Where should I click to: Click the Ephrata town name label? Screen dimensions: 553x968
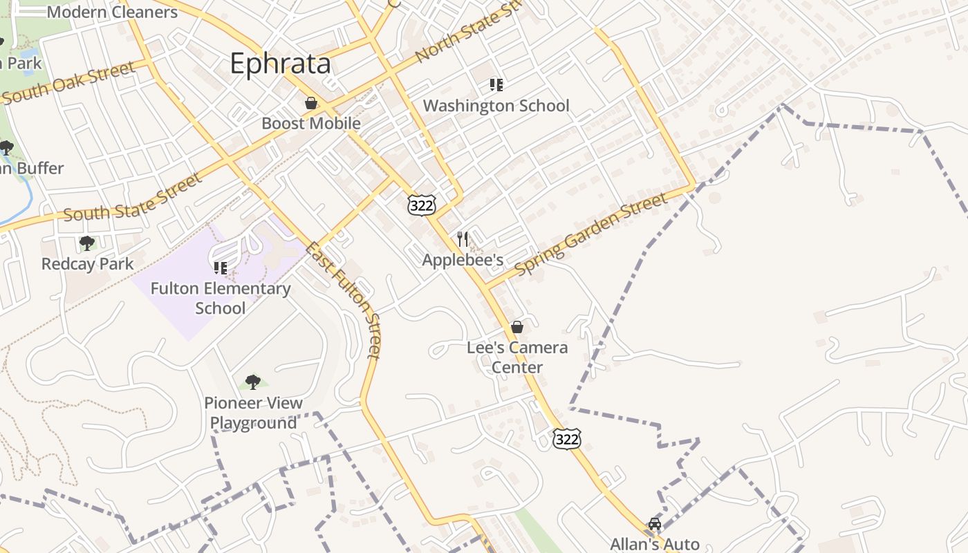pyautogui.click(x=280, y=64)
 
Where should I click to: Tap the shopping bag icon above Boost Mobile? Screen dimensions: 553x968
pyautogui.click(x=311, y=104)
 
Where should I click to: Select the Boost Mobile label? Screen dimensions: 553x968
pyautogui.click(x=311, y=124)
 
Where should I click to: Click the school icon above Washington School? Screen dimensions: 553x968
pyautogui.click(x=496, y=85)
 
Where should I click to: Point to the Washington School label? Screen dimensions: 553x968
pyautogui.click(x=496, y=106)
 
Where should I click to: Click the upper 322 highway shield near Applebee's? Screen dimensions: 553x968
pyautogui.click(x=422, y=205)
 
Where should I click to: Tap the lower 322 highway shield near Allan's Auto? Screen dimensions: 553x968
pyautogui.click(x=566, y=438)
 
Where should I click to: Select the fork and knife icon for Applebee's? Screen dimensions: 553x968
pyautogui.click(x=463, y=239)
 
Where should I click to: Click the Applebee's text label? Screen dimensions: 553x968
pyautogui.click(x=463, y=260)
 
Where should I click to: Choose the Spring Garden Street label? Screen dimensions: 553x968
pyautogui.click(x=592, y=234)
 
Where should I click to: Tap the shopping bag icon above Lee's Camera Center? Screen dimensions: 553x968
pyautogui.click(x=517, y=327)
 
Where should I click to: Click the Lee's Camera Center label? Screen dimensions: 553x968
pyautogui.click(x=517, y=357)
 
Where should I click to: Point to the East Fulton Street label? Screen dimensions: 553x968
pyautogui.click(x=344, y=300)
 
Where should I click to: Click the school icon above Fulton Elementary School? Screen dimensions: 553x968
pyautogui.click(x=221, y=268)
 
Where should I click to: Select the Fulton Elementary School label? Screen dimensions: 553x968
pyautogui.click(x=221, y=298)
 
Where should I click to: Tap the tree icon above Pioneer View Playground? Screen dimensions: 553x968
pyautogui.click(x=253, y=382)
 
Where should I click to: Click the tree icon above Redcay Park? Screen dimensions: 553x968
pyautogui.click(x=87, y=243)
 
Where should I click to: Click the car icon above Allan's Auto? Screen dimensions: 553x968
pyautogui.click(x=654, y=524)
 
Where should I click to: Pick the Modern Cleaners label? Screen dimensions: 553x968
pyautogui.click(x=112, y=12)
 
